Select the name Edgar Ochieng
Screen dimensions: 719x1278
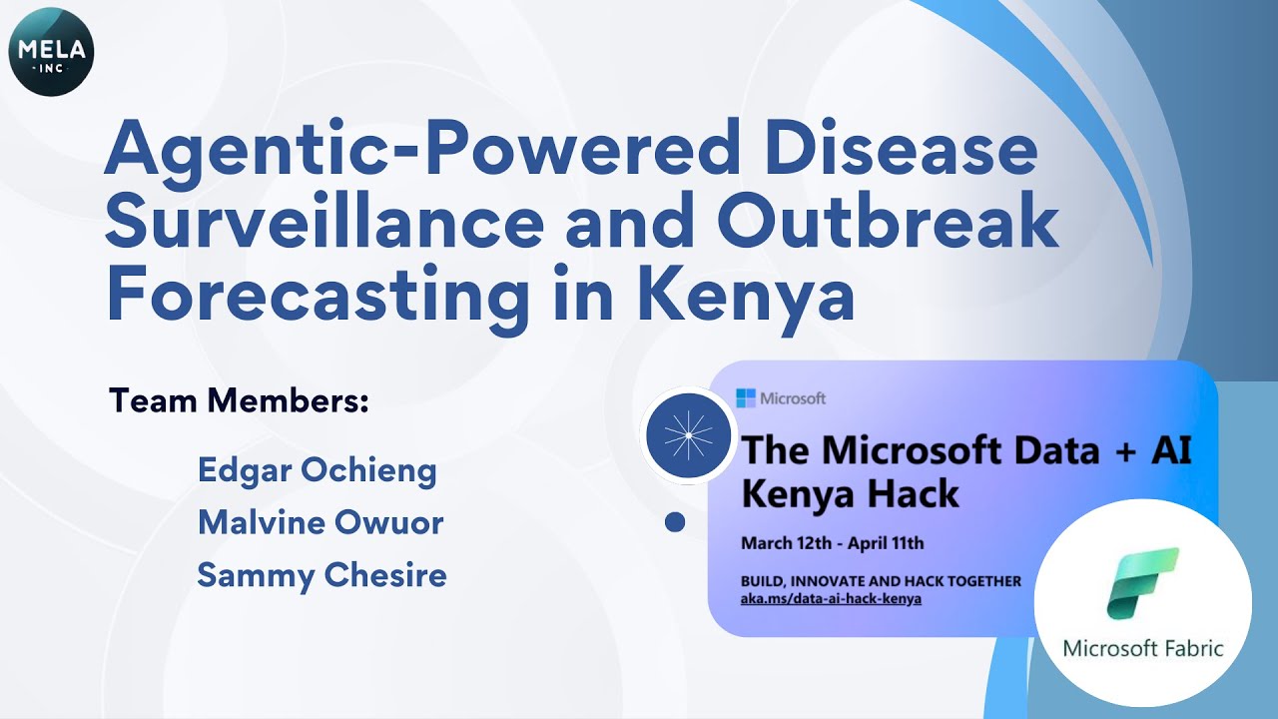click(318, 470)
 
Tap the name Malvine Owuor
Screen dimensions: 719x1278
click(320, 522)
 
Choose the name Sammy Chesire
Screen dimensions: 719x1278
click(321, 575)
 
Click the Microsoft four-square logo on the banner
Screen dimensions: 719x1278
click(746, 398)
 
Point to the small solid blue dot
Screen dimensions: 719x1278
click(675, 521)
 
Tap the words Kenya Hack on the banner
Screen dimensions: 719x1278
click(850, 493)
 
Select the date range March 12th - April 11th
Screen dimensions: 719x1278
click(833, 544)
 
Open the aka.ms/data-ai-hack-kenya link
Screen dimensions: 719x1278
click(831, 598)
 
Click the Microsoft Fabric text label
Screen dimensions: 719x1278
click(1143, 648)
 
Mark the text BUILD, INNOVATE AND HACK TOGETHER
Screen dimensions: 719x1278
click(881, 580)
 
